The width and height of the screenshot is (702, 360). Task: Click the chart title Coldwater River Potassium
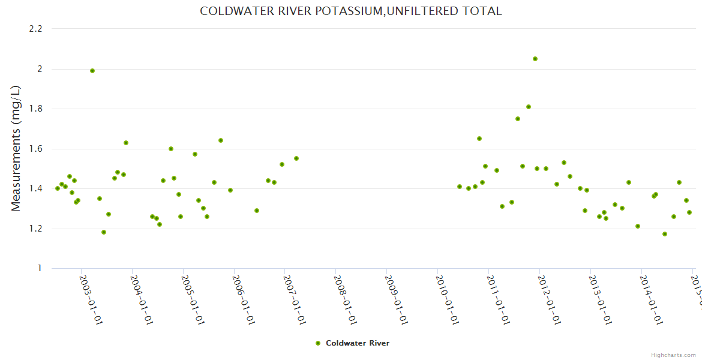(x=350, y=11)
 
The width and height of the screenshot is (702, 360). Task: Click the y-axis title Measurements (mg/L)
(x=16, y=148)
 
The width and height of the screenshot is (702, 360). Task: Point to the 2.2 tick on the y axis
(x=35, y=29)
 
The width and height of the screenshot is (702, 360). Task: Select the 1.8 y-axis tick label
(x=35, y=109)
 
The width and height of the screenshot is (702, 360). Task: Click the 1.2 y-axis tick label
(x=35, y=229)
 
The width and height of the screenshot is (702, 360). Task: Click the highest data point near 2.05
(x=535, y=59)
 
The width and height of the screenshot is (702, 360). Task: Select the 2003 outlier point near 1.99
(x=92, y=71)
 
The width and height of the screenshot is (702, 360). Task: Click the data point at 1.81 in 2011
(x=529, y=107)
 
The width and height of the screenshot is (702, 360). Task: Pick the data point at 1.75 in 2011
(x=518, y=119)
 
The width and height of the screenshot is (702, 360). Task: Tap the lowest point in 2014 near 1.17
(x=665, y=234)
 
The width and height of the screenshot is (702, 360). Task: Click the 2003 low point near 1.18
(x=104, y=232)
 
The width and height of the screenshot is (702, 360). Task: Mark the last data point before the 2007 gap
(x=296, y=158)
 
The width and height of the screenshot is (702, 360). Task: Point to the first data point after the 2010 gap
(x=460, y=187)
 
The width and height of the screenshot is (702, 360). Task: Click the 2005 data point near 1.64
(x=221, y=140)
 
